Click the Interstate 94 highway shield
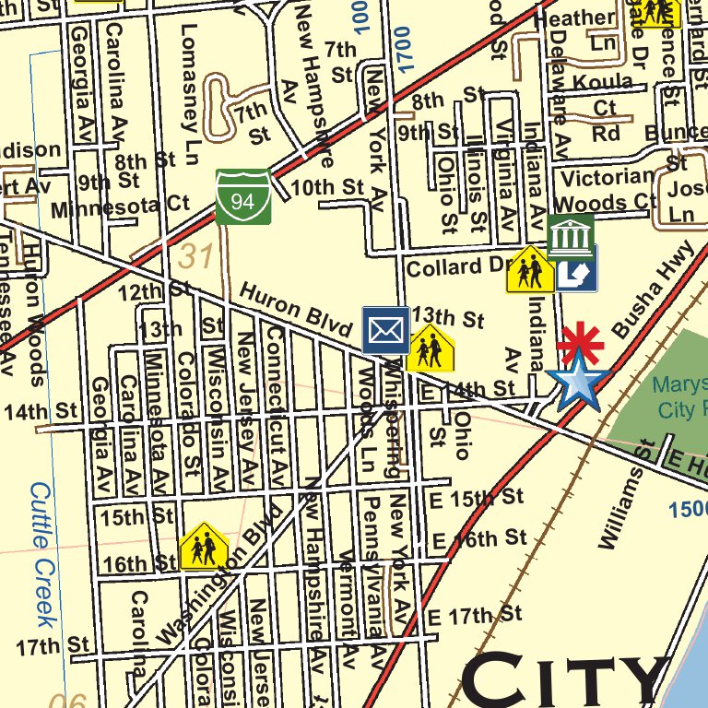click(243, 195)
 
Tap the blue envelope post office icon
click(385, 329)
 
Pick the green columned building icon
click(571, 237)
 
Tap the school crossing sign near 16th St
click(203, 547)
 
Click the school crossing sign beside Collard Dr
click(530, 269)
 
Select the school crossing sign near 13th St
click(430, 348)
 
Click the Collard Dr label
click(456, 267)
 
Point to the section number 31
click(197, 255)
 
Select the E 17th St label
click(475, 615)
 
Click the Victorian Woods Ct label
click(608, 189)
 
